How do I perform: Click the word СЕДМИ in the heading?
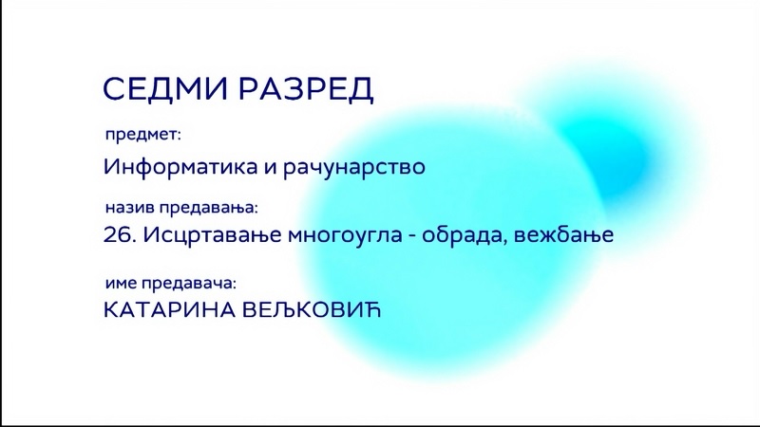165,88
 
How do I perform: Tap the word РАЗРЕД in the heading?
306,89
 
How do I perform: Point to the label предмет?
143,135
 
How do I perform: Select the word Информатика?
180,167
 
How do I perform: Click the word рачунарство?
354,167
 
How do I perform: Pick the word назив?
130,208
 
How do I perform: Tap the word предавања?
209,209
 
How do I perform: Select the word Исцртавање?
212,235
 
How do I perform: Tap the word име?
122,283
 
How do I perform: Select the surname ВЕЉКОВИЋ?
312,309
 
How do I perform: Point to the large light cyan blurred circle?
450,242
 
